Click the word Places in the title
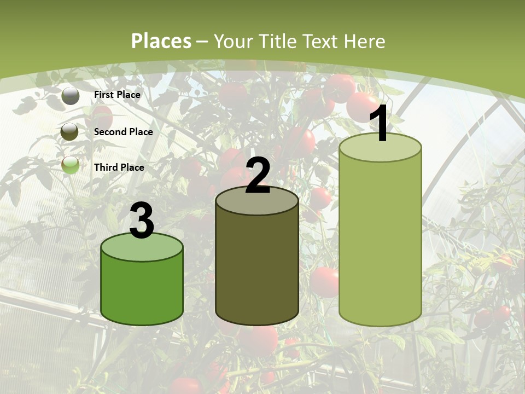pyautogui.click(x=161, y=41)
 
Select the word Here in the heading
pyautogui.click(x=365, y=41)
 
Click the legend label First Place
pyautogui.click(x=117, y=95)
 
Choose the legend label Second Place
pyautogui.click(x=123, y=132)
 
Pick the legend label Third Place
pyautogui.click(x=119, y=167)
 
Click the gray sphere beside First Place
pyautogui.click(x=71, y=96)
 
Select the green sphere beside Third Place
pyautogui.click(x=71, y=165)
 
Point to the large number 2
pyautogui.click(x=258, y=175)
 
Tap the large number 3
pyautogui.click(x=142, y=221)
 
